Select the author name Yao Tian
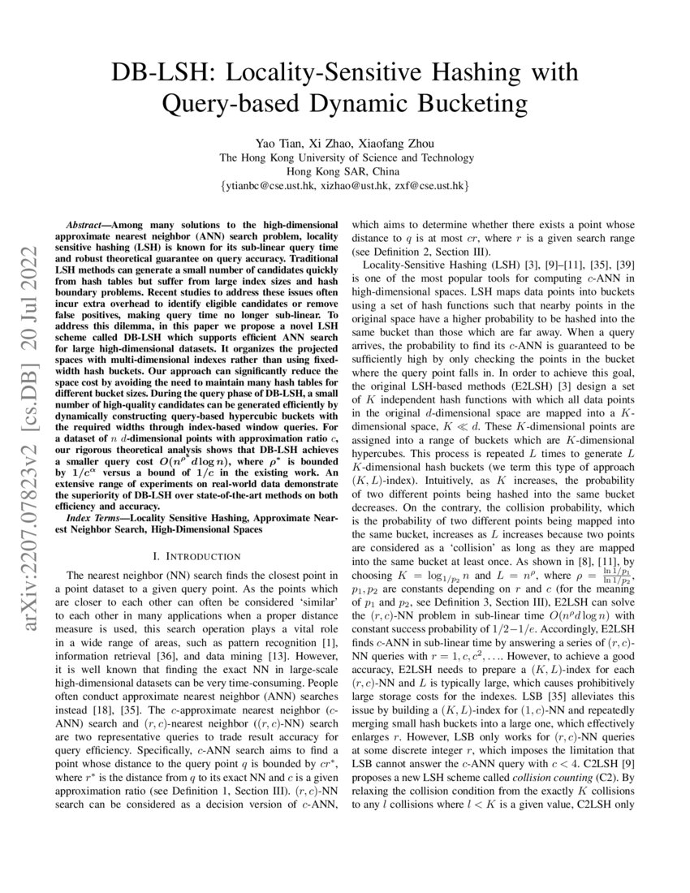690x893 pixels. pyautogui.click(x=280, y=143)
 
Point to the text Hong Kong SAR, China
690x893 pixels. pyautogui.click(x=343, y=172)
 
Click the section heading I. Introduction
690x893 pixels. pyautogui.click(x=201, y=556)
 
